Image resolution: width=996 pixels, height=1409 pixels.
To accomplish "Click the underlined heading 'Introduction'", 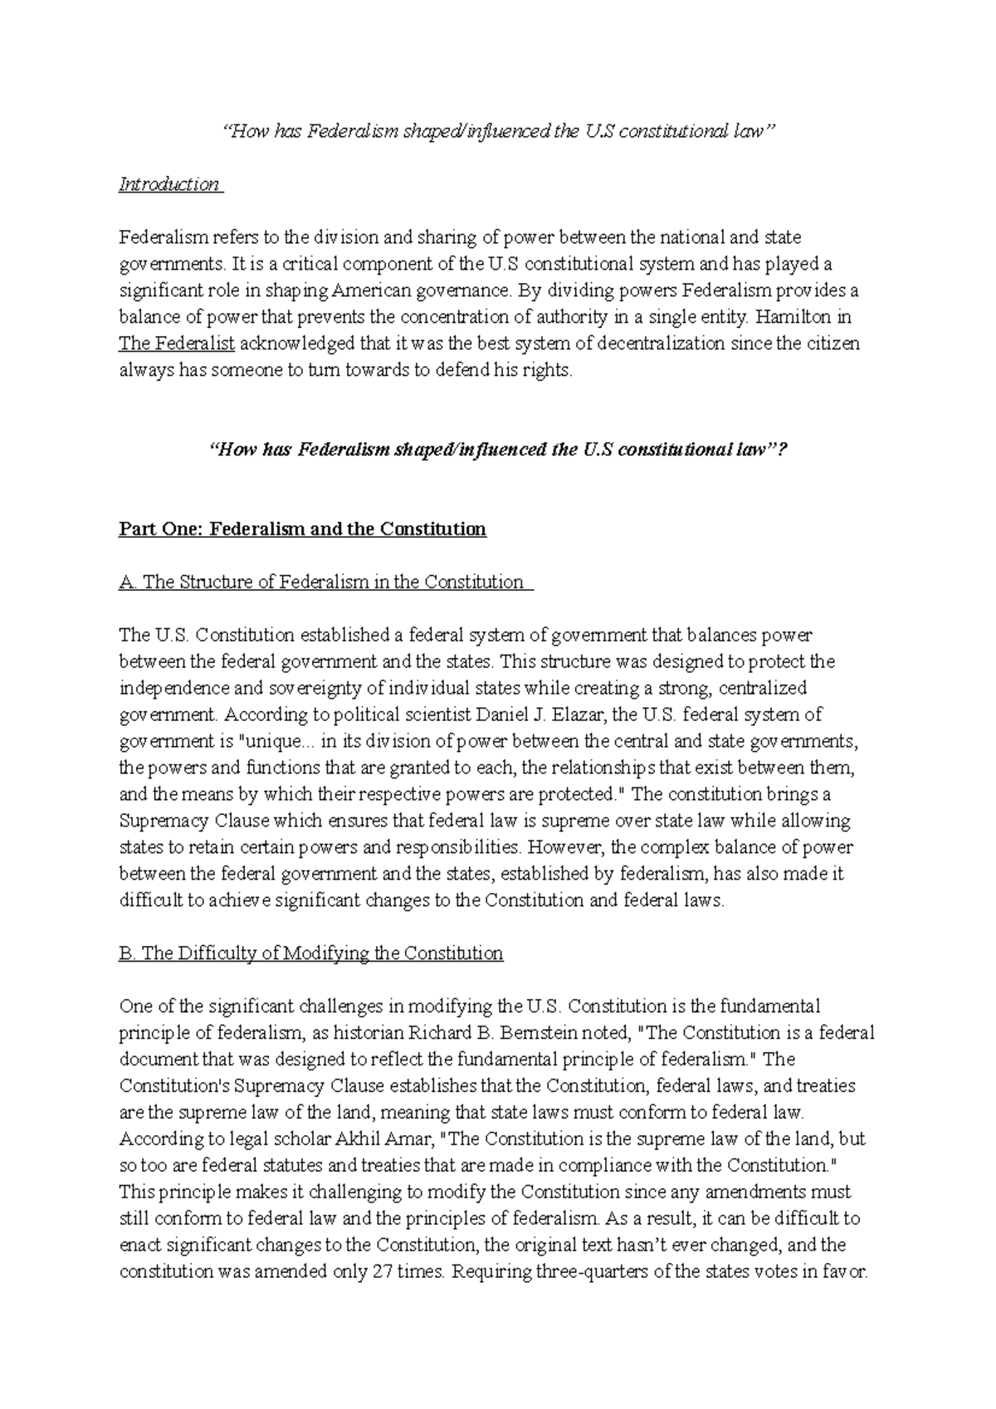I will click(169, 184).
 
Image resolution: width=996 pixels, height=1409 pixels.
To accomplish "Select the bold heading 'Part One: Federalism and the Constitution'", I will click(303, 529).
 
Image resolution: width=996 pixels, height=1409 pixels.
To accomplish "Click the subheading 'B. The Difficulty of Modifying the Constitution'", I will click(311, 953).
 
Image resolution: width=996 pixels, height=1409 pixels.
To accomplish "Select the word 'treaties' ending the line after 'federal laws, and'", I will click(825, 1086).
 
